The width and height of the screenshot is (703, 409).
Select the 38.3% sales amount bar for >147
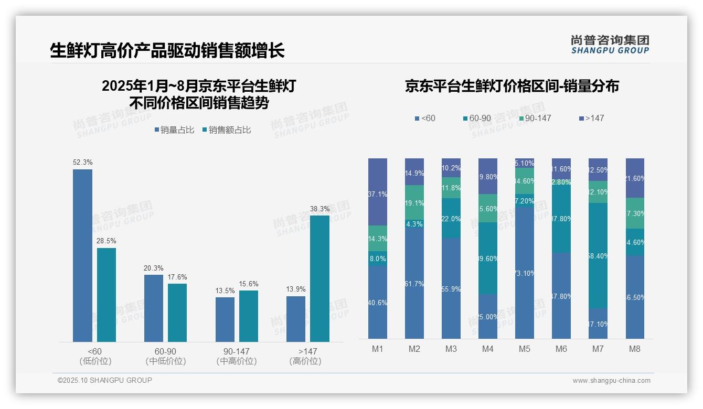coord(319,278)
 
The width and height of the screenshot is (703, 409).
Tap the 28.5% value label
coord(106,241)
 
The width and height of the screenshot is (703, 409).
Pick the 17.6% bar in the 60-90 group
coord(177,313)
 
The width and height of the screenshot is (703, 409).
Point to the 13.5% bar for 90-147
coord(225,319)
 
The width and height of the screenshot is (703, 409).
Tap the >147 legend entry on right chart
coord(592,119)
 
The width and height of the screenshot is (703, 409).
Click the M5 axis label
coord(525,349)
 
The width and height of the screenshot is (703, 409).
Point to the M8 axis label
coord(635,349)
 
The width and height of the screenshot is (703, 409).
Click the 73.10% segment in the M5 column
coord(525,273)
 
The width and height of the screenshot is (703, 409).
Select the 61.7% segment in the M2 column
coord(414,283)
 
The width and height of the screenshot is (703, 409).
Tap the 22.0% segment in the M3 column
coord(451,218)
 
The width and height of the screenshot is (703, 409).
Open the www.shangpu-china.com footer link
coord(611,381)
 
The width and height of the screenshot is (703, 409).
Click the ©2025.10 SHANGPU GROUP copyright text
coord(105,380)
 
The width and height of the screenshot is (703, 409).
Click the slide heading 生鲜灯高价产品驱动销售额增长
coord(167,50)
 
